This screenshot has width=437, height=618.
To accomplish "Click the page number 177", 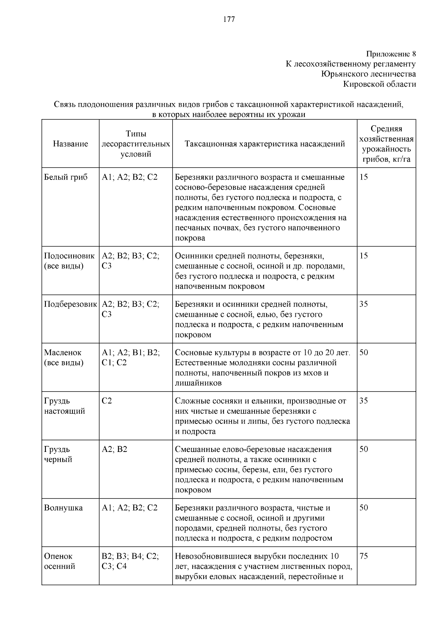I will point(229,20).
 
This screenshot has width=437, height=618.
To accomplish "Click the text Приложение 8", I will point(391,54).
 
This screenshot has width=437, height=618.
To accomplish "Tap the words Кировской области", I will point(379,84).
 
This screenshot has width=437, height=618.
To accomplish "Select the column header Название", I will point(70,144).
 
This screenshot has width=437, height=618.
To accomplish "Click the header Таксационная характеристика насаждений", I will point(265,144).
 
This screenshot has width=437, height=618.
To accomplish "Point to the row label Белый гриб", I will point(66,177).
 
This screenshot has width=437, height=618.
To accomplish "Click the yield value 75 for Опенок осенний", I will point(364,556).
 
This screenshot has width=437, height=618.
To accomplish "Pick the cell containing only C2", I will point(107,401).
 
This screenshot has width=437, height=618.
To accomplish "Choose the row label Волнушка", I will point(63,508).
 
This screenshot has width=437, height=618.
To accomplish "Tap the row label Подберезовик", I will point(70,304).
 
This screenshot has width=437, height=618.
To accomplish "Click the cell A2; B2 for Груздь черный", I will point(114,449).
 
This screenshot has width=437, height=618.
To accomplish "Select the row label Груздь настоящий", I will point(64,406).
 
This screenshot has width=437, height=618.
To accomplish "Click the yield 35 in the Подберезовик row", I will point(364,304).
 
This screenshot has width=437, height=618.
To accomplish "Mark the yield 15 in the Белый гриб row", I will point(364,177).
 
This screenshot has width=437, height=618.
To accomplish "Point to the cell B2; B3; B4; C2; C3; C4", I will point(130,561).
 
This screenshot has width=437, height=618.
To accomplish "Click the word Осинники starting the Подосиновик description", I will point(192,256).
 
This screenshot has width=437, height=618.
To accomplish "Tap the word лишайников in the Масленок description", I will point(198,383).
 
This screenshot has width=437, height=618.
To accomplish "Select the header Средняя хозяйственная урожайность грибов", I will point(386,144).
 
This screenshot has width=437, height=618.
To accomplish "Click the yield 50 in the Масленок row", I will point(364,353).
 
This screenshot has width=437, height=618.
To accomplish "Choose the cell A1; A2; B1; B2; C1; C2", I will point(130,358).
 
